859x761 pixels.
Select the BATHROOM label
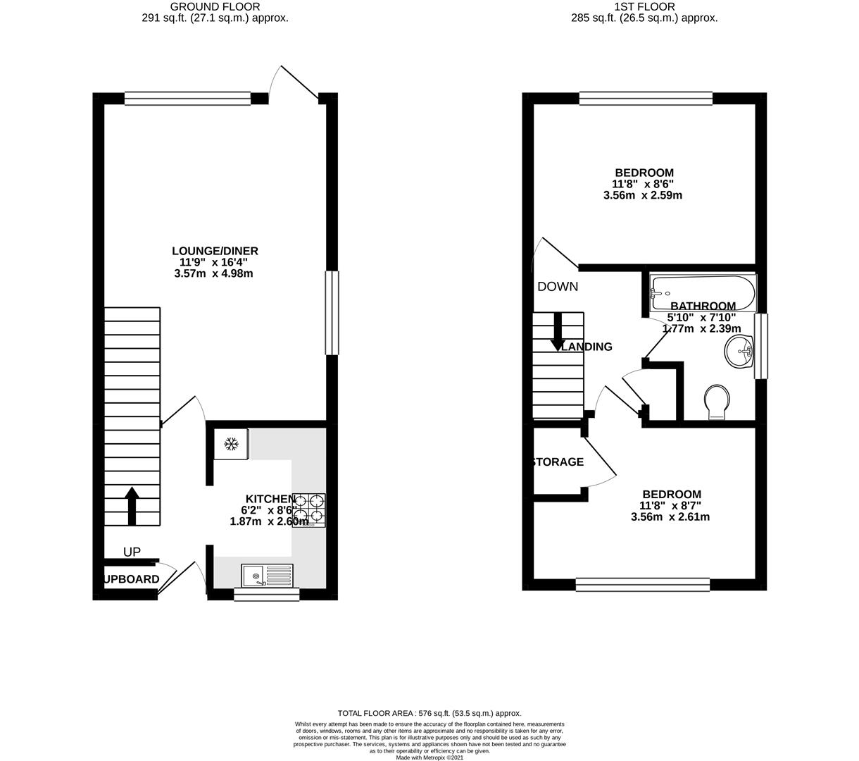(x=703, y=306)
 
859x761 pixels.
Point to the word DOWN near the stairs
(x=558, y=287)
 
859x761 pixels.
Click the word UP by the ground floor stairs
(x=132, y=552)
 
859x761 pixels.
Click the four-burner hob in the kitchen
(x=310, y=509)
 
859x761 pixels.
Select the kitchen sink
(x=267, y=576)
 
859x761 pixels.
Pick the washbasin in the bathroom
(x=740, y=350)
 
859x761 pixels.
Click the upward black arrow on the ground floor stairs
(x=132, y=505)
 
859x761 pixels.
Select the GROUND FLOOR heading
(x=215, y=7)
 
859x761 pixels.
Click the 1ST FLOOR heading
(x=644, y=7)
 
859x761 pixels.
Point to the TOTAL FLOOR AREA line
(x=429, y=714)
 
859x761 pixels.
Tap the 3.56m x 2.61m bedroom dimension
(x=670, y=517)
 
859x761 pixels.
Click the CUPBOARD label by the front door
(x=131, y=579)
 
